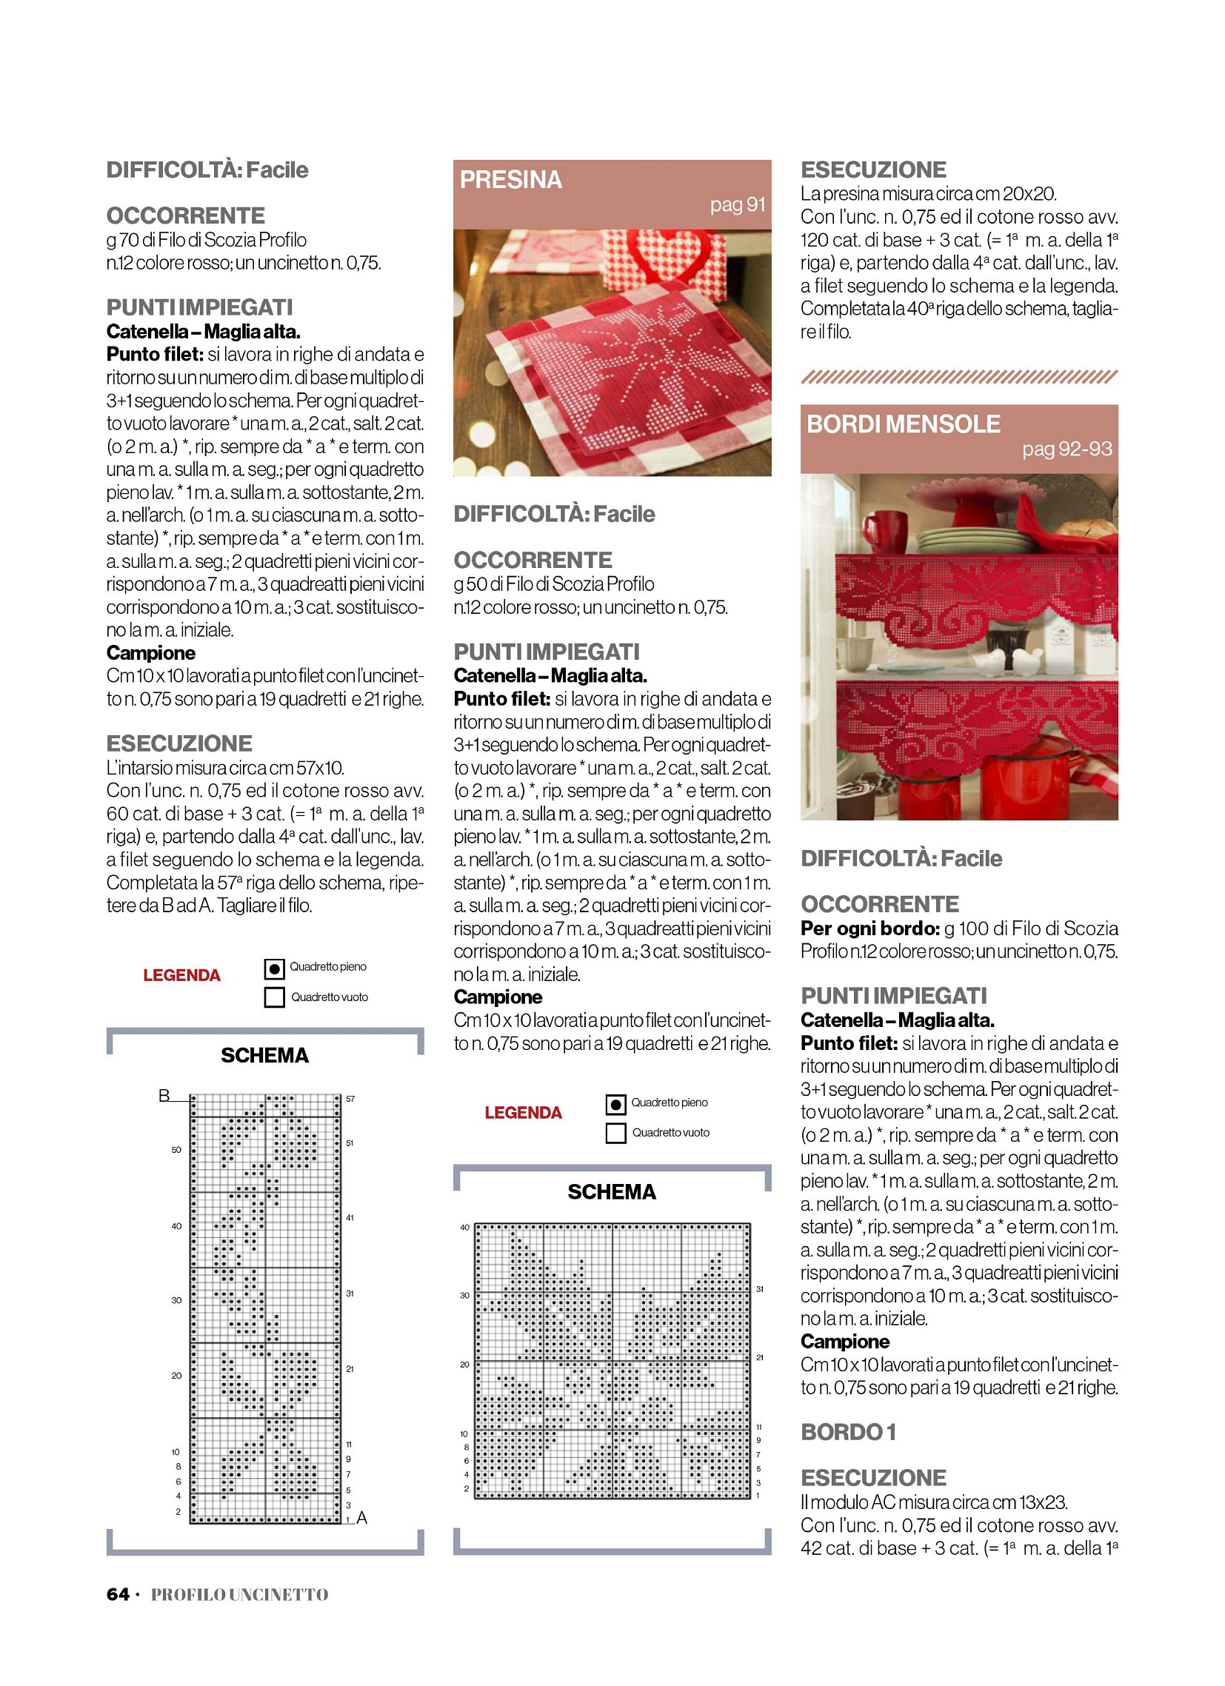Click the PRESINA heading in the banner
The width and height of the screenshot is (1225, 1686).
point(510,180)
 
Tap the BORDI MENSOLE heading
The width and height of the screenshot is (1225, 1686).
point(903,424)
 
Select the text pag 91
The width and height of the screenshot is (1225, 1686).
point(737,205)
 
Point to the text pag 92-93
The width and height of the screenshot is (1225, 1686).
point(1067,449)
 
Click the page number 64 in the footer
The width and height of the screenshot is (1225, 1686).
point(118,1594)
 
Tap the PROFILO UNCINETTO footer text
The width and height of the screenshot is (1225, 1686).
point(239,1595)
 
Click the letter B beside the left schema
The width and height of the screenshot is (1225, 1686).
point(164,1095)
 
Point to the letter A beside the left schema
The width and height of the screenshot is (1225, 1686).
point(362,1518)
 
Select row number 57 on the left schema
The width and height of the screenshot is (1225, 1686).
point(350,1099)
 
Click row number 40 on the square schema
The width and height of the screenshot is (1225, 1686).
point(465,1228)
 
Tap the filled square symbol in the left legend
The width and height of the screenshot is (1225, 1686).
point(275,969)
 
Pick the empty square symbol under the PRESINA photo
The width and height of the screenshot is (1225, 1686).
point(616,1134)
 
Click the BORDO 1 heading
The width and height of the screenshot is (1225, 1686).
point(848,1432)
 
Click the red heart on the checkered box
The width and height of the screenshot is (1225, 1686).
point(672,256)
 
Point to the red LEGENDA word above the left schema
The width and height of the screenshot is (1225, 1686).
point(181,975)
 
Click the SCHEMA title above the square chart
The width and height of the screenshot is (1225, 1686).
point(611,1192)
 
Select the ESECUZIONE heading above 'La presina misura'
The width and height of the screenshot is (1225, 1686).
point(873,170)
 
